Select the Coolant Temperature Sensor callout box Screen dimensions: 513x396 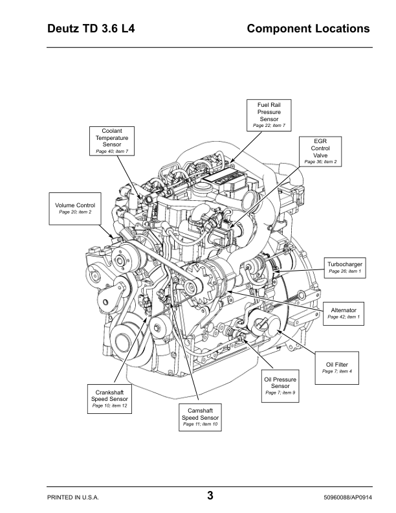pyautogui.click(x=112, y=141)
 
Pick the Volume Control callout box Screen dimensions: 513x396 pyautogui.click(x=75, y=208)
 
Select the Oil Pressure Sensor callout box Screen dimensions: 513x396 pyautogui.click(x=280, y=385)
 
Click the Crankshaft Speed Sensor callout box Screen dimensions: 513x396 pyautogui.click(x=111, y=398)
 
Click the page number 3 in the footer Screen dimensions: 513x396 pyautogui.click(x=210, y=496)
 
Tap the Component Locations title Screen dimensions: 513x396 pyautogui.click(x=308, y=29)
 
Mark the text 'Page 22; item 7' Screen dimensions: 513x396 pyautogui.click(x=269, y=125)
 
